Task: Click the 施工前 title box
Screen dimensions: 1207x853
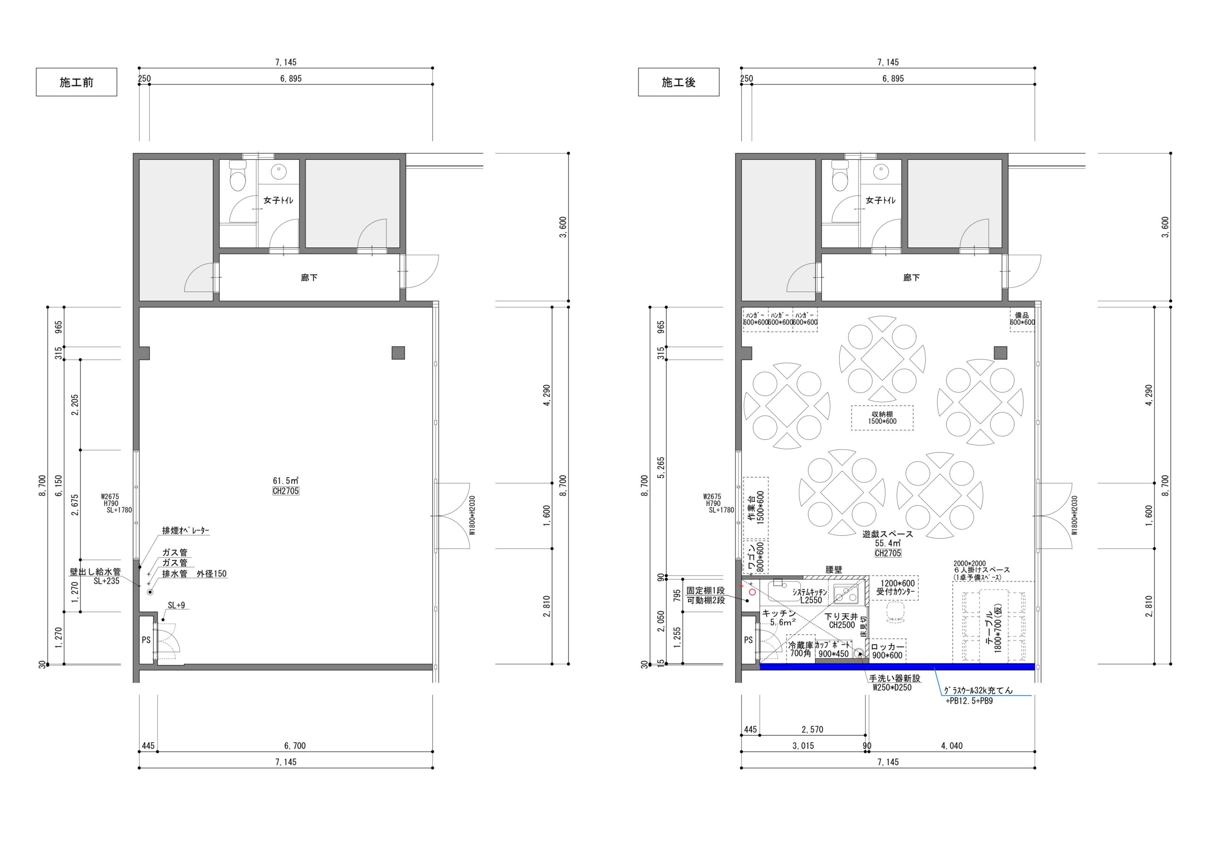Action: (76, 82)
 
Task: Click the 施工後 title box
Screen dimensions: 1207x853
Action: (678, 82)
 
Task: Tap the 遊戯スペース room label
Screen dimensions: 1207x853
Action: (887, 534)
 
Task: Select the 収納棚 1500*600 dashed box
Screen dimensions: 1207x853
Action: (882, 418)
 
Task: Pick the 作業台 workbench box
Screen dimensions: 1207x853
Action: (755, 508)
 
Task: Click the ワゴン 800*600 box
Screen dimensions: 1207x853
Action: (755, 557)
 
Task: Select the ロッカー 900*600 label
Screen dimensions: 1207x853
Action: (887, 651)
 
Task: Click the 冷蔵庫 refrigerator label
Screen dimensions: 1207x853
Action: (800, 645)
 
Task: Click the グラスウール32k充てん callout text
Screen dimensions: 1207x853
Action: (978, 690)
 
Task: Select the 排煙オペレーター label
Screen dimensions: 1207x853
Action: (186, 530)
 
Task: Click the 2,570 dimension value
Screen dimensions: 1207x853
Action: (812, 730)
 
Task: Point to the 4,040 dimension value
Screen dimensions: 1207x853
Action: (951, 746)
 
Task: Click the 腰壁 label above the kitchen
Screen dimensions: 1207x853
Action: (834, 570)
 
